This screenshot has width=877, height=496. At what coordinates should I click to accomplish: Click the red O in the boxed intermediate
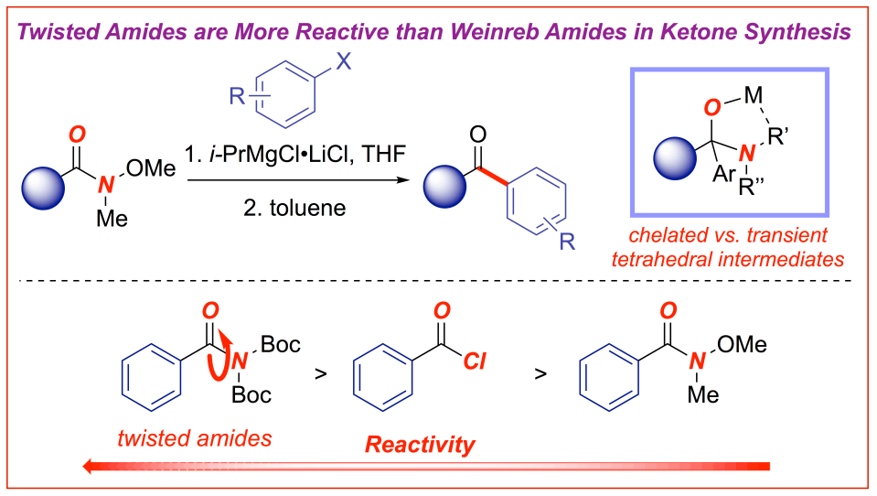pos(712,109)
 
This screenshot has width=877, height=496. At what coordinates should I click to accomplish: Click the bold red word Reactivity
pos(420,446)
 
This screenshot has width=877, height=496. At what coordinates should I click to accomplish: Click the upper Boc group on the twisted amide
pos(281,345)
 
